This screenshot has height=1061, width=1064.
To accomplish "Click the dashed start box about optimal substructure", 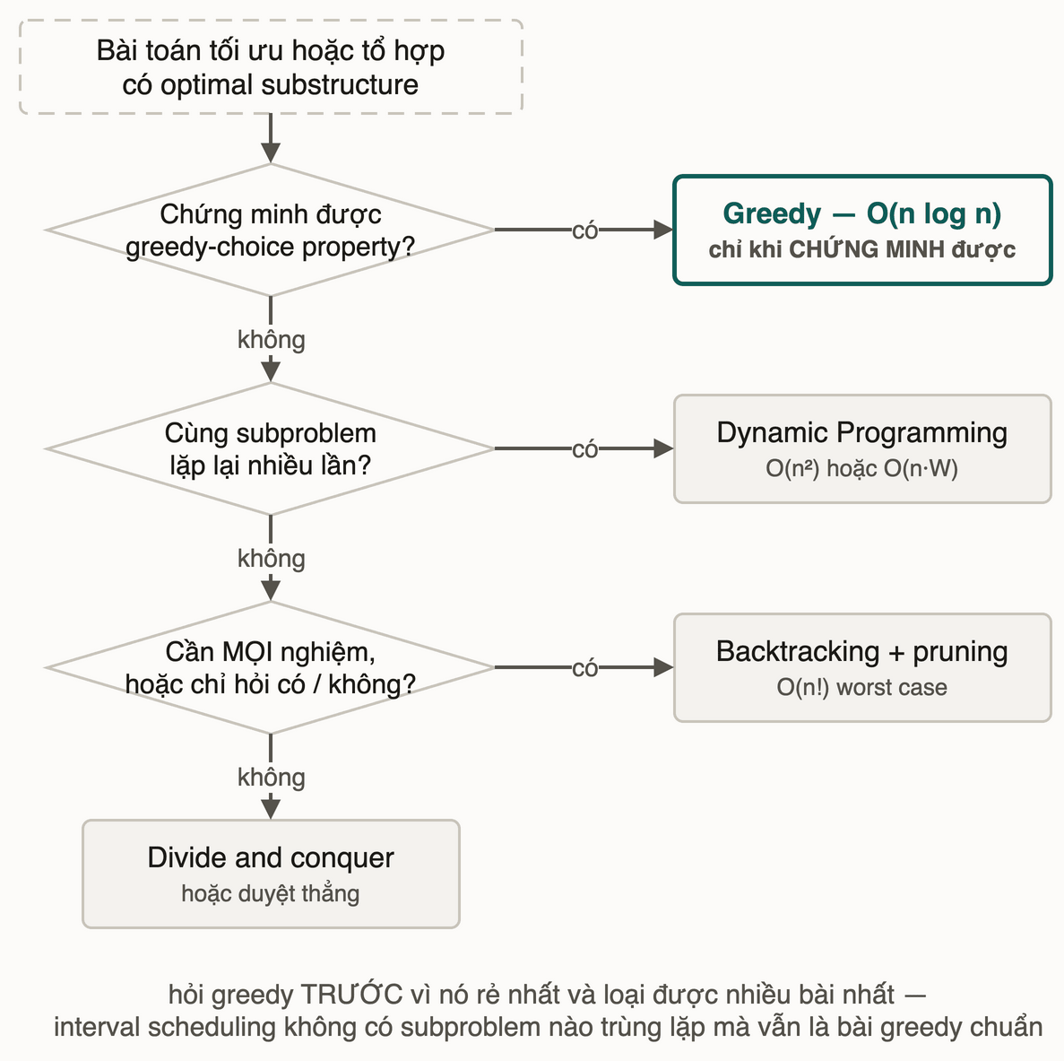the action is click(271, 66).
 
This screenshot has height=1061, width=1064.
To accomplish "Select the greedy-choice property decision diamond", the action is click(271, 230).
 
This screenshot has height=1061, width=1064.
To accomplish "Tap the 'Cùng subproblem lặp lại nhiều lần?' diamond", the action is click(271, 448).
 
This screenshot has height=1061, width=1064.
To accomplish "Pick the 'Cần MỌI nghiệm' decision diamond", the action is click(271, 668).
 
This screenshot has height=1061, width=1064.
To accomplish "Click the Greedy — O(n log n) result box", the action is click(862, 230).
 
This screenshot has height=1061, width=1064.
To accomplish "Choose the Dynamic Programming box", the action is click(862, 448).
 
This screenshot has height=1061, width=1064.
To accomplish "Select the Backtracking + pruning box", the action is click(862, 668).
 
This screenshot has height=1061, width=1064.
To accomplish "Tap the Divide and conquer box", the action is click(271, 874).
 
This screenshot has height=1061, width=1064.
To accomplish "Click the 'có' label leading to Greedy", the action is click(585, 230).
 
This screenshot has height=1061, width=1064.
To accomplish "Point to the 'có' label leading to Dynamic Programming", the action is click(585, 449).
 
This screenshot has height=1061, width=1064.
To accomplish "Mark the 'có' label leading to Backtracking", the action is click(585, 669).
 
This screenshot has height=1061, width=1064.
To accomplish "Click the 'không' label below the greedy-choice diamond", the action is click(272, 339).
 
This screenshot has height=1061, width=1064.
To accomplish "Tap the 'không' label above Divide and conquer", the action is click(272, 778).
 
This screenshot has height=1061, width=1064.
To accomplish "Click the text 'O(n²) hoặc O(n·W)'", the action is click(861, 468).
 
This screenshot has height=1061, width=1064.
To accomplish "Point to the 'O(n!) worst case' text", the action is click(861, 687).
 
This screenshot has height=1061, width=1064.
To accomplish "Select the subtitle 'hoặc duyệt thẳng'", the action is click(270, 893).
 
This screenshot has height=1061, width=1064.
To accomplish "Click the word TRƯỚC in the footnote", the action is click(351, 994).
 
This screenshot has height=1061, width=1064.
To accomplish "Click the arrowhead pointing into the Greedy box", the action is click(663, 230).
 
